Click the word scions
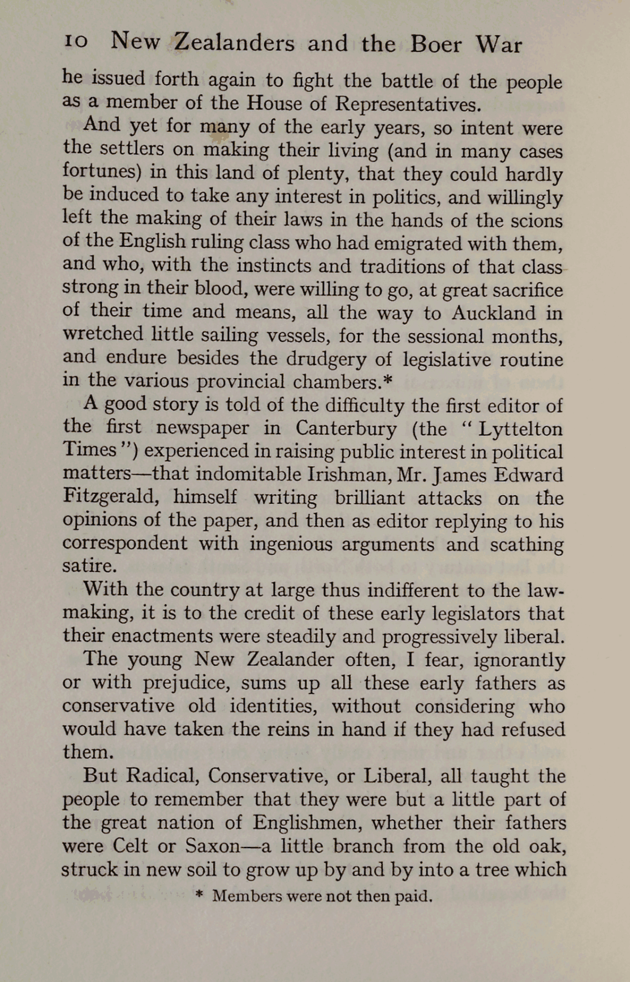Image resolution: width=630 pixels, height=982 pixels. (x=534, y=220)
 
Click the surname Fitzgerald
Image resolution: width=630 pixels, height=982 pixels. (x=109, y=498)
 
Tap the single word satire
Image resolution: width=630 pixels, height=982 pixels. (x=88, y=566)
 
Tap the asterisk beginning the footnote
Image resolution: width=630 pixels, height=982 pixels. (x=199, y=896)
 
